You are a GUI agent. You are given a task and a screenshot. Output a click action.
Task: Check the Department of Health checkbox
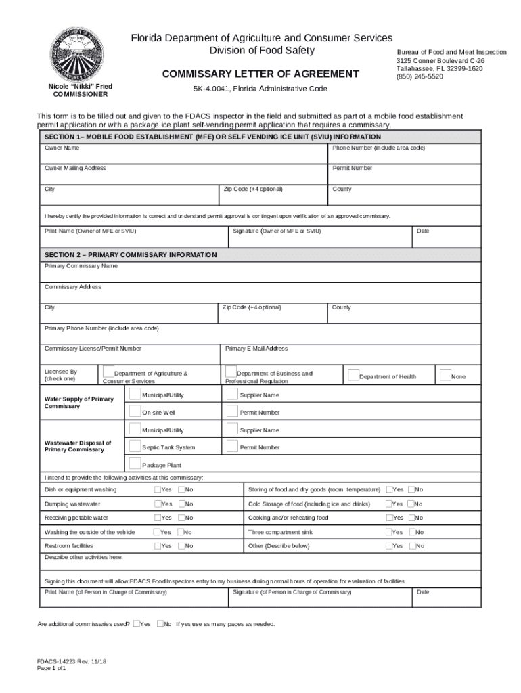point(353,374)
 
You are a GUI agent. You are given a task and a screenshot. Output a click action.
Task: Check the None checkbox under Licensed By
point(445,374)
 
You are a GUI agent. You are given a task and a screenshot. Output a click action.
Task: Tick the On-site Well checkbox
point(135,411)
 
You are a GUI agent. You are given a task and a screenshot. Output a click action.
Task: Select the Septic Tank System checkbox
point(135,446)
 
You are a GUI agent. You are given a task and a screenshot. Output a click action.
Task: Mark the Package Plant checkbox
point(135,464)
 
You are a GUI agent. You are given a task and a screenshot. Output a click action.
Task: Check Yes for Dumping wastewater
point(157,504)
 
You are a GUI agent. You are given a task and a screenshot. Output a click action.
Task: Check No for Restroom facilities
point(181,545)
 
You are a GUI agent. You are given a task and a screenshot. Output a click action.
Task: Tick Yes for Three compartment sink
point(388,532)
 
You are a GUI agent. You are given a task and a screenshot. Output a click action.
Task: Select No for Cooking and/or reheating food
point(411,518)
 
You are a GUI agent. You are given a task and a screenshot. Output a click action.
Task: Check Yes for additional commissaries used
point(137,623)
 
